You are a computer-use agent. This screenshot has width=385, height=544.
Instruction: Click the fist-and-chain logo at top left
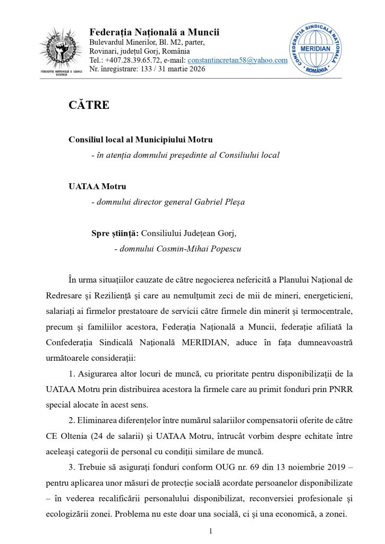(x=62, y=52)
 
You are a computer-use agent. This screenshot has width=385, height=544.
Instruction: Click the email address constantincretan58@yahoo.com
(x=237, y=60)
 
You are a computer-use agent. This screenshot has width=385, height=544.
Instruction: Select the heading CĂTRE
(x=89, y=105)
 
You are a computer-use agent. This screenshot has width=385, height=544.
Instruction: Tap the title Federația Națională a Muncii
(x=154, y=32)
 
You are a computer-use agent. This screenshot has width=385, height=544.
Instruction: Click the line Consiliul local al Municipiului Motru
(x=140, y=140)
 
